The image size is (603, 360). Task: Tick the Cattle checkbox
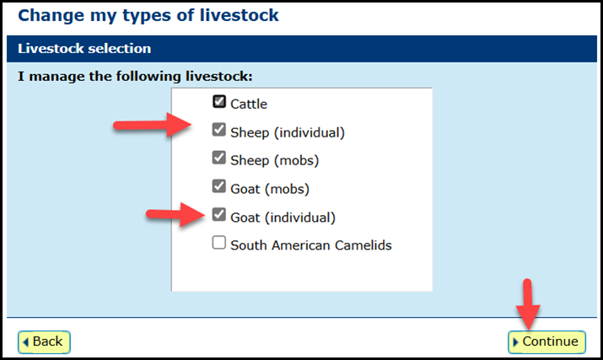tap(219, 101)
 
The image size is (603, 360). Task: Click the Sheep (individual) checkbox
tap(219, 130)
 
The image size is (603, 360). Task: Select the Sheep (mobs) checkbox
tap(219, 158)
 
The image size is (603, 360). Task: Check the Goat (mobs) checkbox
tap(219, 186)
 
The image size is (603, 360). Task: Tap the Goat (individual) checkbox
tap(219, 215)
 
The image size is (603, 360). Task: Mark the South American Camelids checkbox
tap(219, 243)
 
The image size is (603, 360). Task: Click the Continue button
tap(546, 341)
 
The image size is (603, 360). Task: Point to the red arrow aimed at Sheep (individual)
tap(153, 125)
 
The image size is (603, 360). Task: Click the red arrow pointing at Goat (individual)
tap(175, 215)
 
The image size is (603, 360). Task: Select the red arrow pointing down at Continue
tap(528, 304)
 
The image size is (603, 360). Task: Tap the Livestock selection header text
tap(84, 48)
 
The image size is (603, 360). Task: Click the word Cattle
tap(249, 104)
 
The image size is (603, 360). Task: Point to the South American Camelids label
tap(311, 245)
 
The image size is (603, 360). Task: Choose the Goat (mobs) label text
tap(270, 189)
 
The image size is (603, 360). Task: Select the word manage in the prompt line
tap(57, 77)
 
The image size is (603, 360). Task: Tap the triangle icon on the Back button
tap(26, 342)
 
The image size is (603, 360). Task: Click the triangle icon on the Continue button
tap(516, 342)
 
